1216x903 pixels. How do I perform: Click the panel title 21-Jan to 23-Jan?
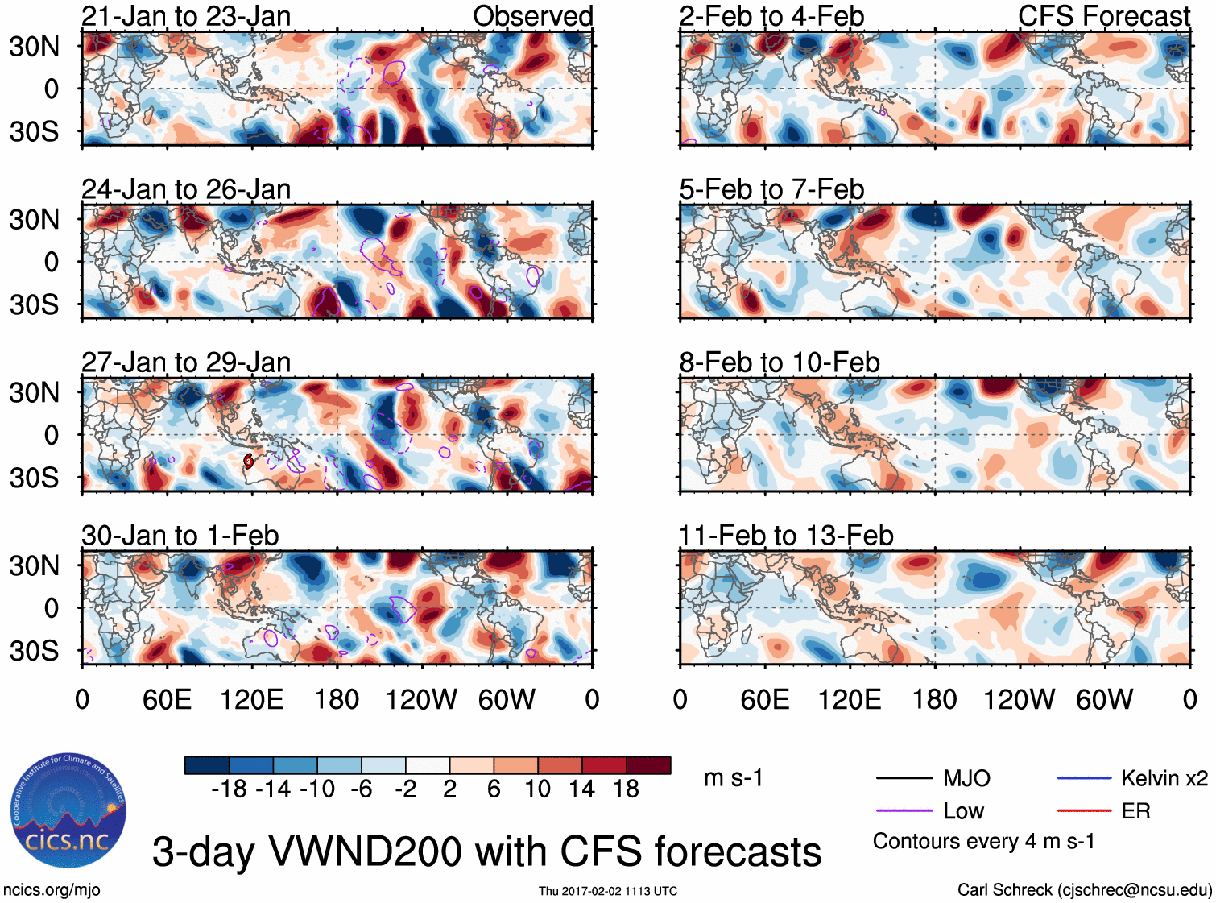point(186,16)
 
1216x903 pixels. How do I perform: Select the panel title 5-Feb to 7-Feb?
point(771,189)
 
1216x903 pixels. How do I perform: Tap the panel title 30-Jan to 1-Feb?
point(180,536)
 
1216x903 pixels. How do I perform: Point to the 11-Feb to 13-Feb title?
point(786,536)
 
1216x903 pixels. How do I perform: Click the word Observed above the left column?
point(532,16)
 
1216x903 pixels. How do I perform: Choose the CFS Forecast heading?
point(1103,16)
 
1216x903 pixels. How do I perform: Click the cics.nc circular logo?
point(68,812)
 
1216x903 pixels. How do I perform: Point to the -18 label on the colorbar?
point(229,789)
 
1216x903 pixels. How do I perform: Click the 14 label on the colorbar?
point(581,789)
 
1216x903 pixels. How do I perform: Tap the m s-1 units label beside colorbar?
point(733,778)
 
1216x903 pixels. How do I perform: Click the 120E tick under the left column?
point(252,699)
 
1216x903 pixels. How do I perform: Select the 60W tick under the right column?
point(1104,699)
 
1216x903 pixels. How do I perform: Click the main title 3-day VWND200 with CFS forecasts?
point(486,851)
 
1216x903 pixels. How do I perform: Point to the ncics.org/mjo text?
point(52,890)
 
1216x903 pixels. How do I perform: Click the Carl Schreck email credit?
point(1084,890)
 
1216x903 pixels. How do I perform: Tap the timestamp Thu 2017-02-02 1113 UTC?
point(608,891)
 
